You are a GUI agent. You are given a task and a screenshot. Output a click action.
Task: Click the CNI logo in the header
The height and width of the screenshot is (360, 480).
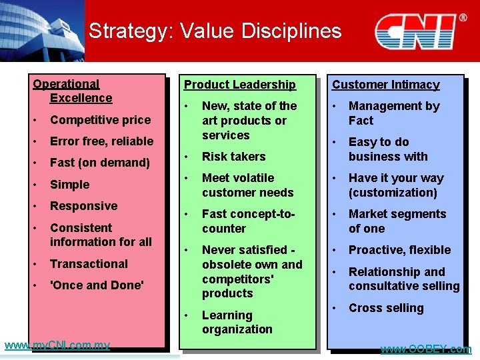(x=419, y=31)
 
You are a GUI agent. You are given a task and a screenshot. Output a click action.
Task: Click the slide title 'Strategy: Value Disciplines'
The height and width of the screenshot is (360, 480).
(x=215, y=31)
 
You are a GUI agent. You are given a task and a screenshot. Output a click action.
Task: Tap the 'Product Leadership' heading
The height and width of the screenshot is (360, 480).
(x=240, y=85)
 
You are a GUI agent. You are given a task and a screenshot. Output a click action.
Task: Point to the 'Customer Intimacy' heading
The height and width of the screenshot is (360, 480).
(x=386, y=85)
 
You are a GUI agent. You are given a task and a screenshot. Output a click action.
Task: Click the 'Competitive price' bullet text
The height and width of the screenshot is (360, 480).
(x=100, y=120)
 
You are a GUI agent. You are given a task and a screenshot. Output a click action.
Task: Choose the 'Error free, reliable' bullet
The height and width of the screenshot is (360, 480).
(x=101, y=141)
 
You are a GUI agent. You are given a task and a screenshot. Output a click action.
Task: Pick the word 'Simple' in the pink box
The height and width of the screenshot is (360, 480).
(x=69, y=185)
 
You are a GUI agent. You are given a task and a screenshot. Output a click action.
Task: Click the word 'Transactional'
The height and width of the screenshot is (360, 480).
(x=89, y=264)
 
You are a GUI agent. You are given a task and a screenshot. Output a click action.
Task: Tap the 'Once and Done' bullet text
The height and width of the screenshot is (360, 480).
(x=97, y=285)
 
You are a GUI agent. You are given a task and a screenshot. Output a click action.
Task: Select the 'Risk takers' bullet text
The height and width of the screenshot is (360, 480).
(x=233, y=157)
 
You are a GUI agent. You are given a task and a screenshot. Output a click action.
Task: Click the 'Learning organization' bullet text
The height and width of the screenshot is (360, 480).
(x=237, y=322)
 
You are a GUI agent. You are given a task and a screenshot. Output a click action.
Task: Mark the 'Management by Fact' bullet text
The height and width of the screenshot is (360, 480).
(x=394, y=113)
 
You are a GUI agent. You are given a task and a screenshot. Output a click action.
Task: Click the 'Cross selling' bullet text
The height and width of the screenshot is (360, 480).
(x=386, y=308)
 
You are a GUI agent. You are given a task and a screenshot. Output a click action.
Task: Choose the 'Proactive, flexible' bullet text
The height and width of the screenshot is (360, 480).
(x=399, y=250)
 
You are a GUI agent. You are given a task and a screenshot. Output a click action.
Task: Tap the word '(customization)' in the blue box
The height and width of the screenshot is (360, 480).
(x=393, y=193)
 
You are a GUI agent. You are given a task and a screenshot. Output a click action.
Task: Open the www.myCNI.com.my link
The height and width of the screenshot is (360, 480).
(x=57, y=345)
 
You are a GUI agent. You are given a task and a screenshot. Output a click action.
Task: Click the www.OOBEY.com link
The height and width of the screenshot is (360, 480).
(x=425, y=349)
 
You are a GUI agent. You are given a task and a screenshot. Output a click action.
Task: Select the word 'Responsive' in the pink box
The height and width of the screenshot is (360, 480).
(x=83, y=206)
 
